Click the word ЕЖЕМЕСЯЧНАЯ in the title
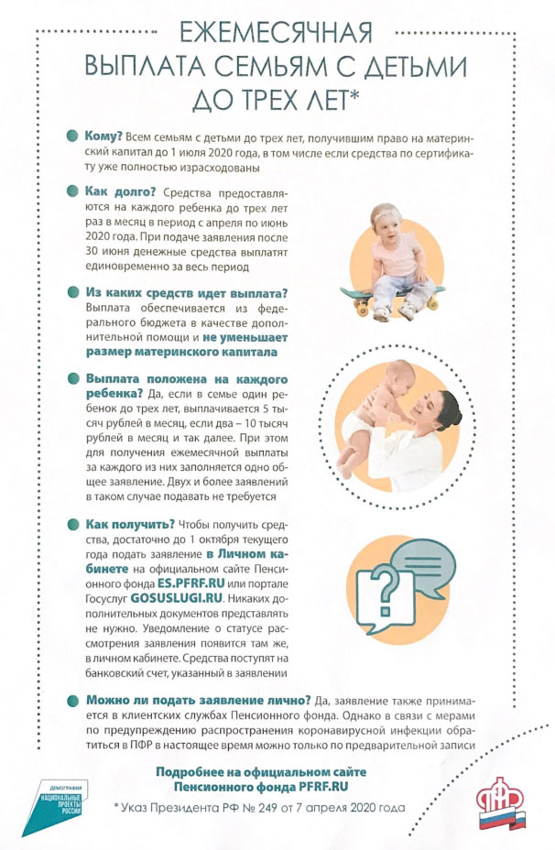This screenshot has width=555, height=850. (276, 33)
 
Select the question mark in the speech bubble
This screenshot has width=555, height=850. (384, 585)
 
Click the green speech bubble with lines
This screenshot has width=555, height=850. (421, 558)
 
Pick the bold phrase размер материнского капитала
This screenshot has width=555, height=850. (185, 352)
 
